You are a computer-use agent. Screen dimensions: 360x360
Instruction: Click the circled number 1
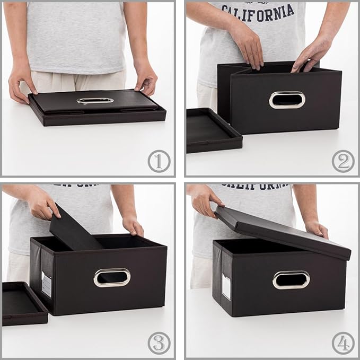159,161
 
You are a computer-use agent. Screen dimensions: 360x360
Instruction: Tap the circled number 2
343,161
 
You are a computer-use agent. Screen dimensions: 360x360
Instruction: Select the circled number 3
159,343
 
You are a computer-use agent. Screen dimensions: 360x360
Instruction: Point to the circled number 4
343,343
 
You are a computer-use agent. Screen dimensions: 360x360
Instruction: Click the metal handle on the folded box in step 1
95,100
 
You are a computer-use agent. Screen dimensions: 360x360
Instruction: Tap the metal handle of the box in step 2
287,100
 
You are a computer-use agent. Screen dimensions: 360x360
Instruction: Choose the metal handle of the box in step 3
112,277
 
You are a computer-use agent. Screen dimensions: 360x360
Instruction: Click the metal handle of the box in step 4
291,279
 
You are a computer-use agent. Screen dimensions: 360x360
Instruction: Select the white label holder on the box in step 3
47,284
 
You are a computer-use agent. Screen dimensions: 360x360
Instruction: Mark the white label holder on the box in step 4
226,286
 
